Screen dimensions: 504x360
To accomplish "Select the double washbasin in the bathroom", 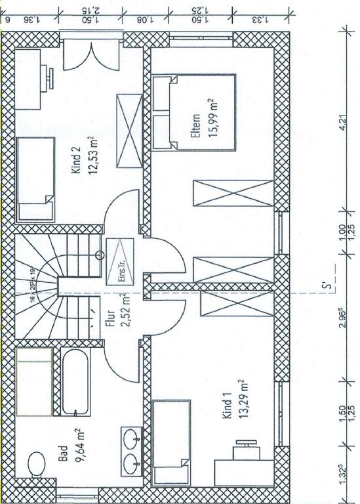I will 130,451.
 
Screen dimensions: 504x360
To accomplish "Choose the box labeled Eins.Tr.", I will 121,262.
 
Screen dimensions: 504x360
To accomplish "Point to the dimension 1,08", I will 145,18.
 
